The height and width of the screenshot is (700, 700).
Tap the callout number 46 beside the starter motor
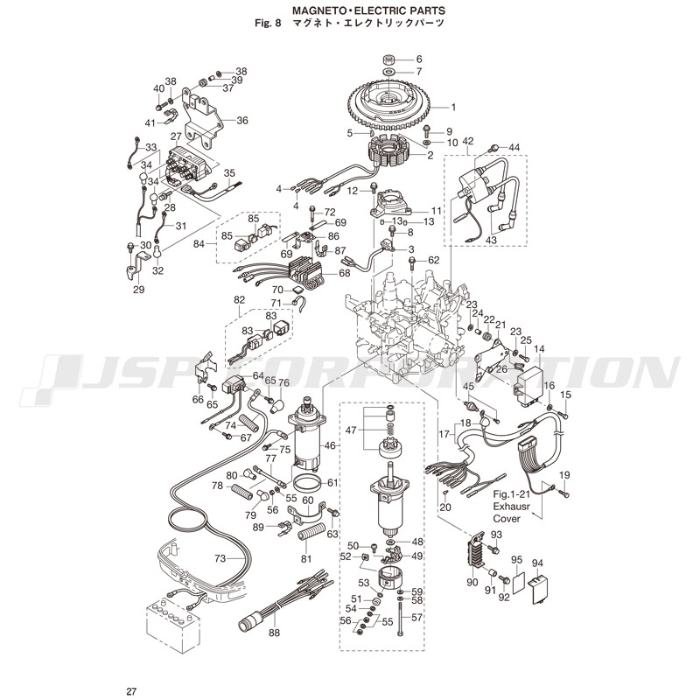click(330, 445)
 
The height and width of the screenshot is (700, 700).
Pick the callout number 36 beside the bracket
click(242, 121)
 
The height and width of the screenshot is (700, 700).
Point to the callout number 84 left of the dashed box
click(198, 243)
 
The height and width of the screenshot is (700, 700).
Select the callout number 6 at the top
click(417, 59)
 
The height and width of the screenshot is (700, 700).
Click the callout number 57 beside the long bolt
click(416, 617)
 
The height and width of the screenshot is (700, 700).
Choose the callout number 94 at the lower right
click(537, 563)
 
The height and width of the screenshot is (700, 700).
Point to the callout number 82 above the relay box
click(239, 300)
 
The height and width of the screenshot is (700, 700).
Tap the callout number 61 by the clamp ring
click(333, 483)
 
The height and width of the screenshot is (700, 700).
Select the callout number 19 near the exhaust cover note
click(564, 474)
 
